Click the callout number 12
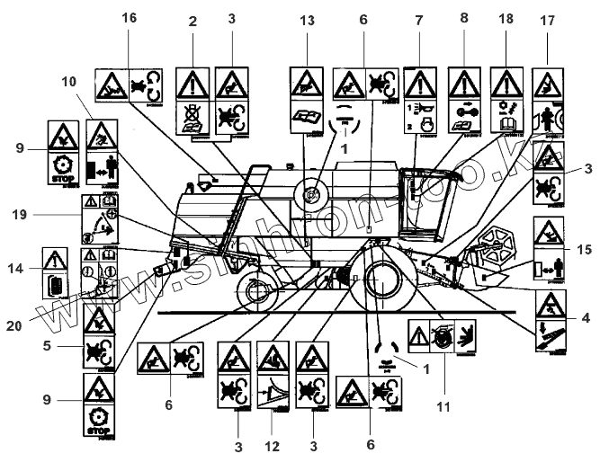[273, 444]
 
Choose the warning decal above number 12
[273, 388]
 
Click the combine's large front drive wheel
[384, 278]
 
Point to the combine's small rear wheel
[255, 289]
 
